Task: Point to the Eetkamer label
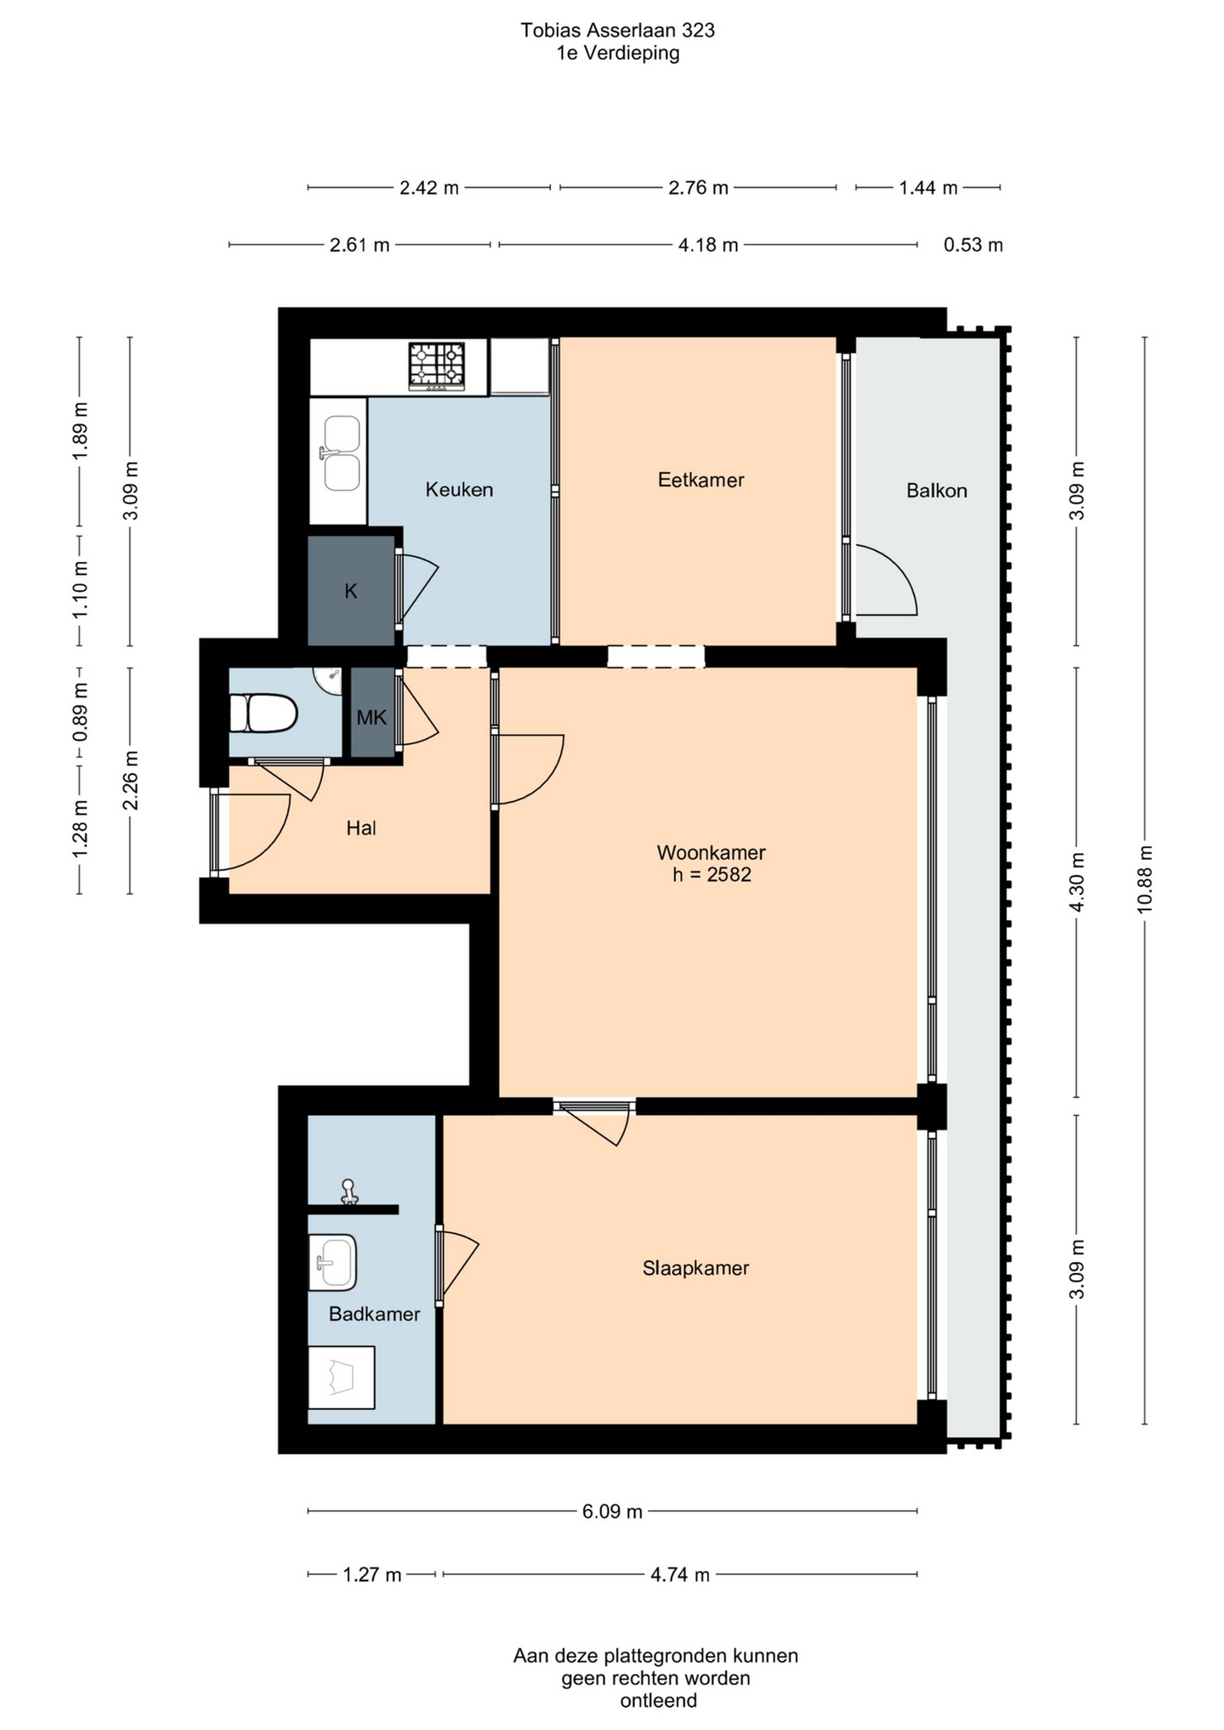pos(701,480)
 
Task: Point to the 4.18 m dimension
pos(708,245)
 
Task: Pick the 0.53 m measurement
pos(973,245)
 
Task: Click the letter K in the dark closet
pos(351,591)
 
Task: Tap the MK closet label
pos(372,717)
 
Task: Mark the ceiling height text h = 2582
pos(711,875)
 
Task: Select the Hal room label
pos(361,829)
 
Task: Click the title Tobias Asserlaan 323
pos(617,30)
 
